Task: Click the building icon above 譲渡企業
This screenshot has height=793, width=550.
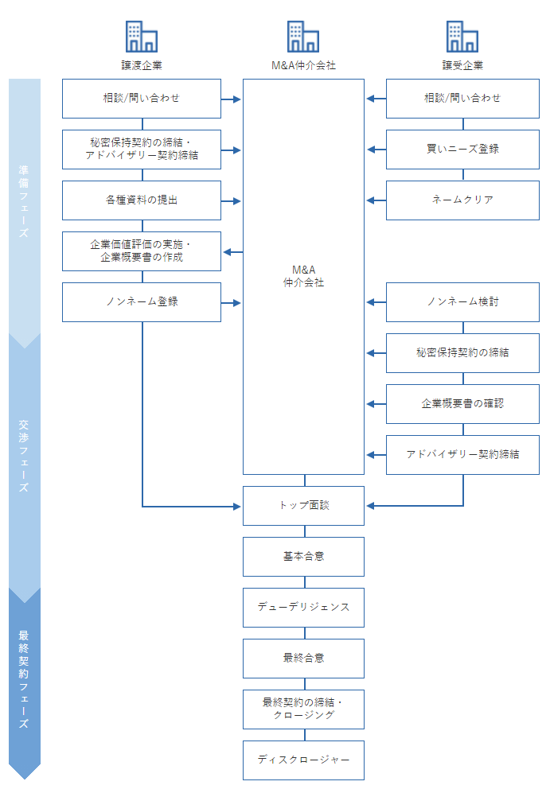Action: [142, 37]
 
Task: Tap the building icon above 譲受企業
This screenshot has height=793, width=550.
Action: [462, 37]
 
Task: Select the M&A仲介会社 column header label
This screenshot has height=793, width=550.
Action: [303, 65]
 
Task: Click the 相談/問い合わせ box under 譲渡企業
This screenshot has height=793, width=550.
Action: [142, 99]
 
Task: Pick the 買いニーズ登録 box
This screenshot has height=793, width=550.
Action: [462, 150]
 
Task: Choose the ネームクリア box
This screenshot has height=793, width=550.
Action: [462, 200]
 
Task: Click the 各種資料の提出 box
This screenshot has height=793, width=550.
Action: [142, 200]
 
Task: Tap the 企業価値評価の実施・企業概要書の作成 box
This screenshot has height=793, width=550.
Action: [142, 251]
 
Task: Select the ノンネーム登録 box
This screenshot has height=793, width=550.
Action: [142, 302]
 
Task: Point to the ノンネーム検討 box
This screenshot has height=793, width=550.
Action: [462, 302]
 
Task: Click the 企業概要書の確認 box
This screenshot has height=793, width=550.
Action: [462, 404]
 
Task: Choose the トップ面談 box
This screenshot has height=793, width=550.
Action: [303, 506]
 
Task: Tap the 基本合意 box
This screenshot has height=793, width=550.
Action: [303, 557]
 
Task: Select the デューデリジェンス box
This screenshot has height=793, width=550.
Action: [303, 608]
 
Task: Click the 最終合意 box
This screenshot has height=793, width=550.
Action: [303, 659]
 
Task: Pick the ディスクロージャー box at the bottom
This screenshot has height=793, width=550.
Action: [303, 760]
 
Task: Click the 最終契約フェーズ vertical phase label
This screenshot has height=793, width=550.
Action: [24, 679]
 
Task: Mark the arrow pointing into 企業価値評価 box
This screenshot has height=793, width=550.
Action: [232, 252]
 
